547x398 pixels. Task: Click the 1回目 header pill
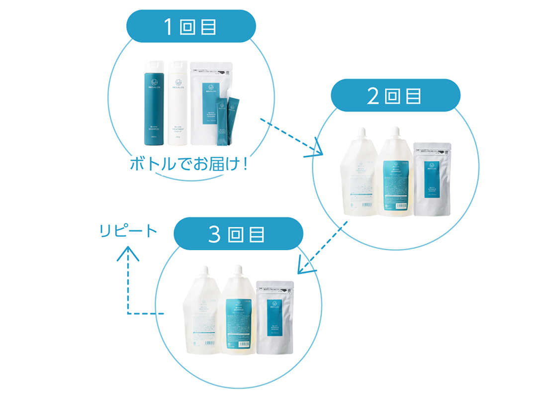[191, 26]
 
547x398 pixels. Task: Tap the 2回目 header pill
[395, 95]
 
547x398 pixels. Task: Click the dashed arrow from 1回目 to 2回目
[291, 136]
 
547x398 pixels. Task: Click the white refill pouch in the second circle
[359, 174]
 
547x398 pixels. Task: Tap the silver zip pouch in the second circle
[433, 179]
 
